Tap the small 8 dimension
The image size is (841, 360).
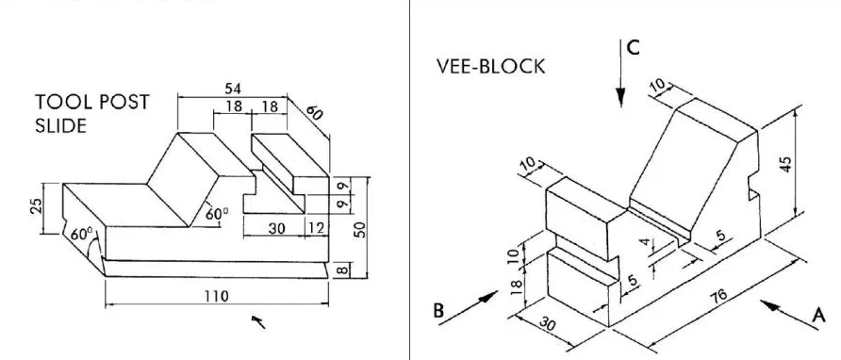(x=343, y=271)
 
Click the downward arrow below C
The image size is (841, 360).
(x=621, y=80)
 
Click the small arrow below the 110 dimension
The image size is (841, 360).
(x=257, y=323)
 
